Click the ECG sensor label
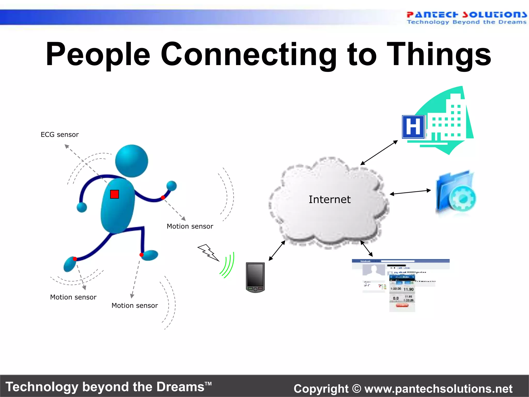pyautogui.click(x=60, y=135)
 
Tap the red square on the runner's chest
pyautogui.click(x=114, y=194)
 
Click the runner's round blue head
pyautogui.click(x=131, y=161)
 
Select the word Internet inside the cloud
pyautogui.click(x=330, y=200)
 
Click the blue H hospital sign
pyautogui.click(x=413, y=127)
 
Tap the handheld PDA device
pyautogui.click(x=255, y=277)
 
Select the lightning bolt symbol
pyautogui.click(x=208, y=252)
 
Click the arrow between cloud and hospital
pyautogui.click(x=379, y=152)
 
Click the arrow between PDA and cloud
pyautogui.click(x=277, y=250)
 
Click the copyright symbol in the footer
pyautogui.click(x=356, y=388)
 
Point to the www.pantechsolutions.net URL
pyautogui.click(x=438, y=388)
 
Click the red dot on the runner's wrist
pyautogui.click(x=163, y=198)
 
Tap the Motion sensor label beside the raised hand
pyautogui.click(x=190, y=226)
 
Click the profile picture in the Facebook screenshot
pyautogui.click(x=374, y=270)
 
